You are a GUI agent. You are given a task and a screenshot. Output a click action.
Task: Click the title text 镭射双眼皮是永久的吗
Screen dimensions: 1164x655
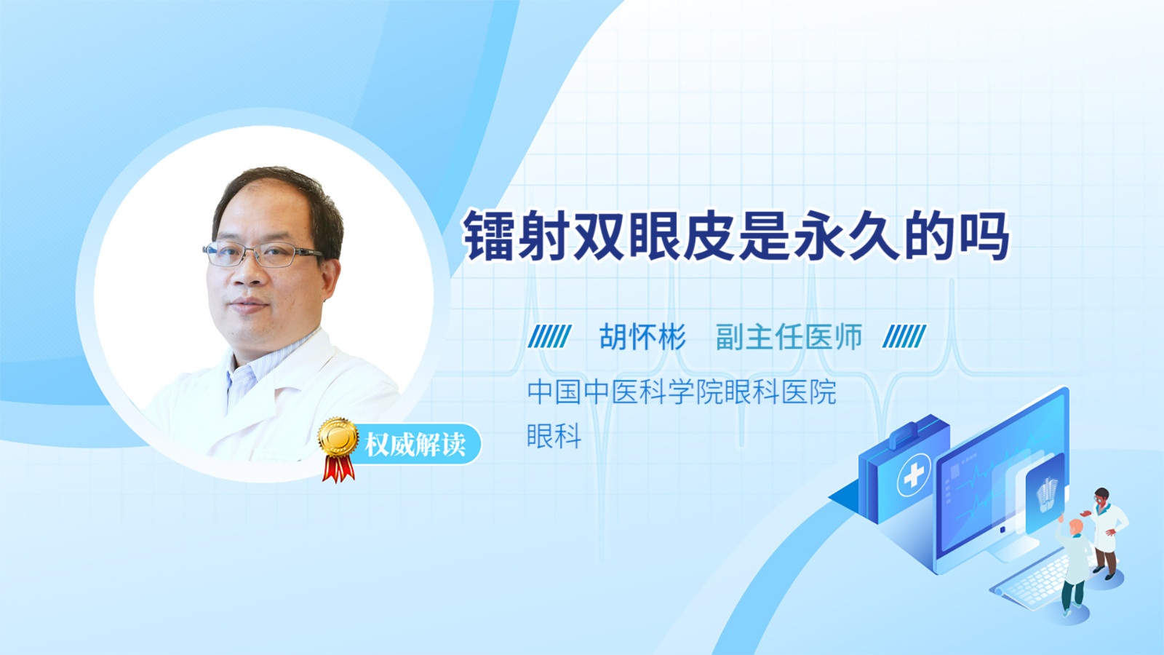736,236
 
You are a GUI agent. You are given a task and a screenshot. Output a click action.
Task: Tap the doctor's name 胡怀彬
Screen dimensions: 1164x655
643,337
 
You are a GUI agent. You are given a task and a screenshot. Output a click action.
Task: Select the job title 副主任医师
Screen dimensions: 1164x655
789,337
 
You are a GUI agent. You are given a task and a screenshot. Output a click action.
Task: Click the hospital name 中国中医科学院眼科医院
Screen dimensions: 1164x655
682,392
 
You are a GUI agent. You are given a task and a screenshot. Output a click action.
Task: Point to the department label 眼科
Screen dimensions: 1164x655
554,436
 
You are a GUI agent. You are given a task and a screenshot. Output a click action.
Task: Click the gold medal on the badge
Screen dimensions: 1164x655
338,437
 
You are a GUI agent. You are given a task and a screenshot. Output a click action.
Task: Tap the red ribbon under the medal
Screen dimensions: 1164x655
338,469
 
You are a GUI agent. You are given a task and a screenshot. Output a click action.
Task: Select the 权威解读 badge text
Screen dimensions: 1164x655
415,445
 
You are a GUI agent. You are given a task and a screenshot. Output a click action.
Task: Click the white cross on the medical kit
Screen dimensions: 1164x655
913,475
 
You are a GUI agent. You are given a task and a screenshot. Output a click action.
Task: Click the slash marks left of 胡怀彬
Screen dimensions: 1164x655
549,336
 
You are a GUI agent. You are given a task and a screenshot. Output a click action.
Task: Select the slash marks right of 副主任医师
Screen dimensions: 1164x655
904,336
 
